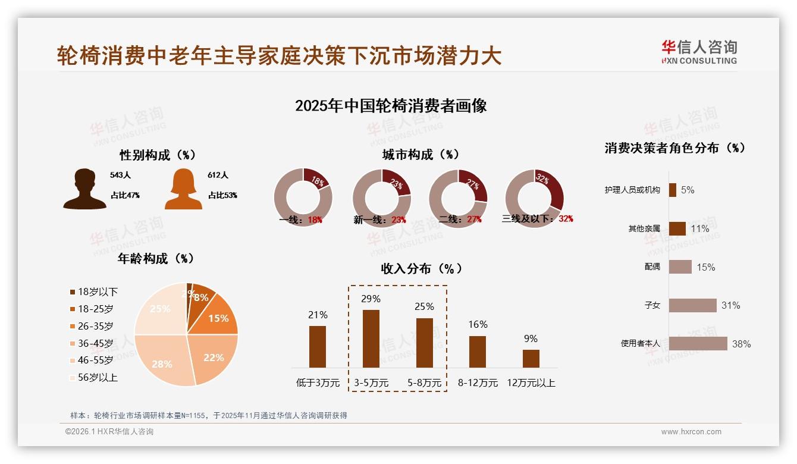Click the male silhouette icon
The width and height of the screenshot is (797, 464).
point(84,189)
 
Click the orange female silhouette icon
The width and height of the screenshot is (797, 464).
point(183,189)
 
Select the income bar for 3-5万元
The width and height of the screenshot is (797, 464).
point(371,338)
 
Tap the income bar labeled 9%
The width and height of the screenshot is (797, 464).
point(531,359)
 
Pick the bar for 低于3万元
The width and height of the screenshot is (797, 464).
point(318,346)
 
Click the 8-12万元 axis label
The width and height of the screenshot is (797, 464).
point(478,383)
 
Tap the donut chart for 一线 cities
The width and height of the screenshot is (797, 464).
point(303,197)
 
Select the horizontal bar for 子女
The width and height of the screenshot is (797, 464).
point(692,305)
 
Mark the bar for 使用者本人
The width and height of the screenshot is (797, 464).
point(698,343)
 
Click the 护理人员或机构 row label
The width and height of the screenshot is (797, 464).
point(632,190)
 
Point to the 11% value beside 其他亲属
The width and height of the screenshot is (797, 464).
point(700,229)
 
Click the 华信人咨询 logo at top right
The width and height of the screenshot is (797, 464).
point(699,52)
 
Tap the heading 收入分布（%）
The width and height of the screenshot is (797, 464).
point(421,268)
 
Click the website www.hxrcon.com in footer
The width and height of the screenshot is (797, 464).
point(691,432)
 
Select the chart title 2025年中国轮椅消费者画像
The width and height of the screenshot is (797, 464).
point(391,106)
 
